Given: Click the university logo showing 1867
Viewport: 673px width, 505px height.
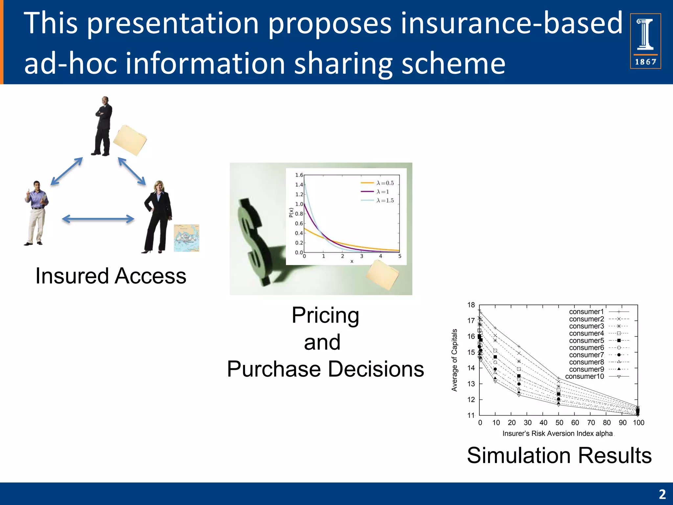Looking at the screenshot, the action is (645, 41).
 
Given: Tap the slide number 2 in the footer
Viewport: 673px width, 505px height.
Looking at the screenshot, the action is (662, 494).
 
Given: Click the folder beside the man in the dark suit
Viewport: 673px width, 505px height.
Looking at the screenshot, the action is (130, 140).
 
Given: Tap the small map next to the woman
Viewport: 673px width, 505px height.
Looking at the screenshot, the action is (186, 238).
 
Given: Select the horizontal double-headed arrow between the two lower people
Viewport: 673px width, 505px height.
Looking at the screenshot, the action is (98, 219).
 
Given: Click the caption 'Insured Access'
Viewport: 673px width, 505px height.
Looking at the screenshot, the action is (111, 276).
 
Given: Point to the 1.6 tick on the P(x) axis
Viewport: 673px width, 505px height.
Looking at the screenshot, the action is (299, 175).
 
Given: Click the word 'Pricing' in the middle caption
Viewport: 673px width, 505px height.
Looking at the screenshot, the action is (325, 315).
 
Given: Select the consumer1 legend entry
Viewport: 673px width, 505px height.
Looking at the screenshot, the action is (598, 312).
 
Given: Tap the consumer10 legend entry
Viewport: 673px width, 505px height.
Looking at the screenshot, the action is (596, 376).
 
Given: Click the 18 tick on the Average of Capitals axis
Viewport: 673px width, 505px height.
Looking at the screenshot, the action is (471, 305).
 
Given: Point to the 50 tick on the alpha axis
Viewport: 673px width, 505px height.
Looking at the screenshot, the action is (559, 423).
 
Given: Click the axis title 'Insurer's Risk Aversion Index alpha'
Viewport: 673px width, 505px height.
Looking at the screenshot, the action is (557, 434).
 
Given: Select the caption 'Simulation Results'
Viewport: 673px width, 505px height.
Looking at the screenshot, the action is (559, 456).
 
